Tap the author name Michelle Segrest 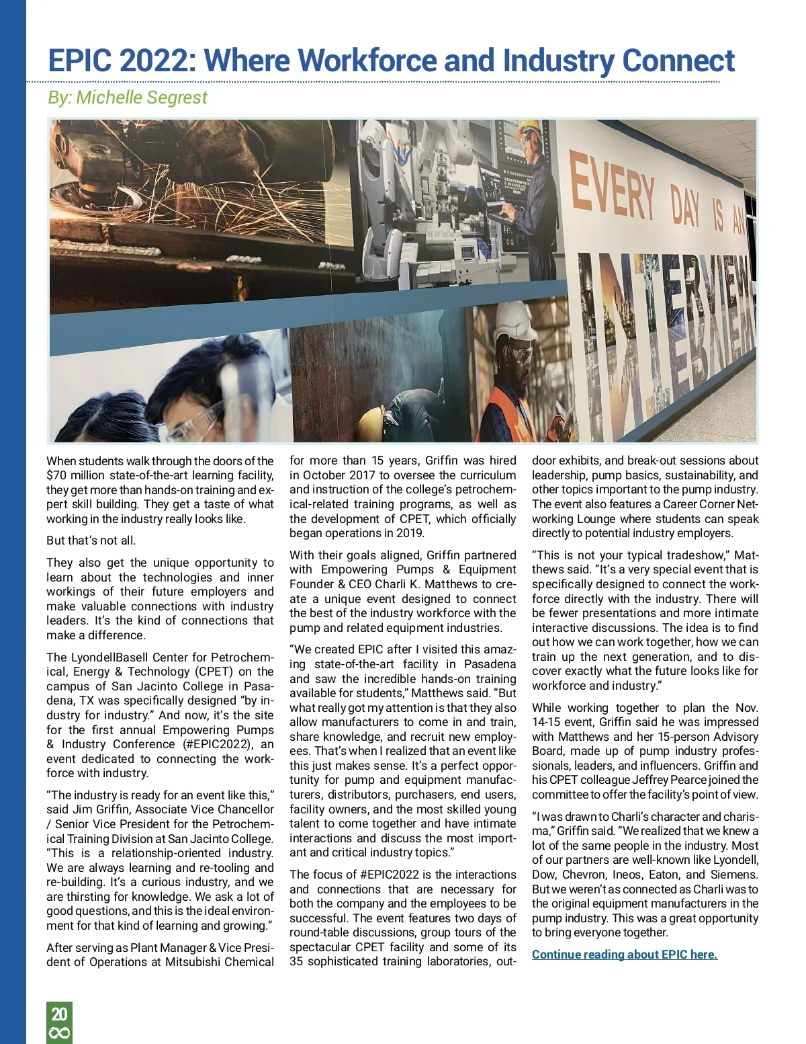click(142, 97)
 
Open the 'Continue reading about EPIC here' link click(624, 955)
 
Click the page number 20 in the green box click(59, 1014)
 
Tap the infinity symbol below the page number click(59, 1033)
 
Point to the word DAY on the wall click(685, 206)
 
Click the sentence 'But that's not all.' click(91, 540)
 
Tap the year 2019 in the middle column click(409, 533)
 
